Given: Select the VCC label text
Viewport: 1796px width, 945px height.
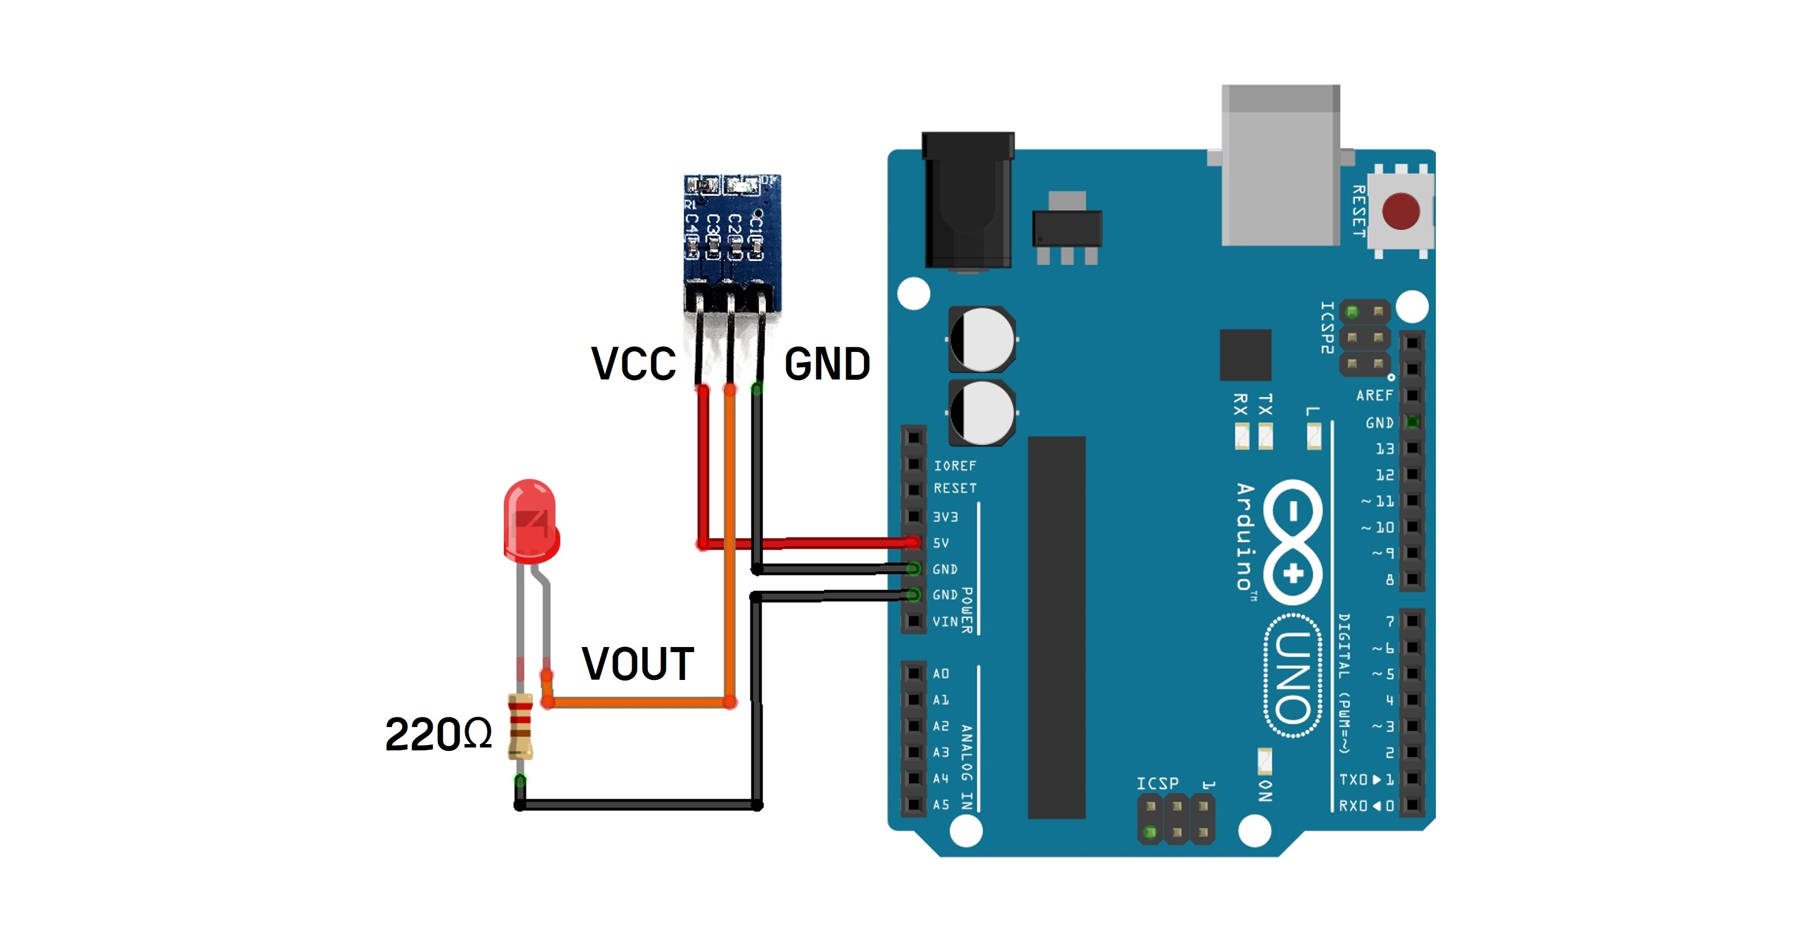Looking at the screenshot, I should [x=633, y=364].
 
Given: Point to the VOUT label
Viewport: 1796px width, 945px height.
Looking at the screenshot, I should [x=637, y=663].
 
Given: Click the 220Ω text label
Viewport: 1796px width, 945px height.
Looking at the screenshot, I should [x=438, y=734].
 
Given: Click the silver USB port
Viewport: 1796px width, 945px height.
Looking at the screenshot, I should [x=1280, y=165].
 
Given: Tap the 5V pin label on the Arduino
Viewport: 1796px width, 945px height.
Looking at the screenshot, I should [x=941, y=543].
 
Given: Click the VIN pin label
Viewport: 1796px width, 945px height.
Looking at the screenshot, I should [x=945, y=621].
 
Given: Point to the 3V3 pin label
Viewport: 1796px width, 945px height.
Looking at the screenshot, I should [x=945, y=517].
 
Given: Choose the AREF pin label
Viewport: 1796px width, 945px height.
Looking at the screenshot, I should [x=1374, y=396].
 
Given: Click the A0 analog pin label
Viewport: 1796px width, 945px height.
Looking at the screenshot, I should [x=941, y=673].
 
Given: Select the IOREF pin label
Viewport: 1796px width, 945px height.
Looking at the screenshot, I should [x=954, y=465].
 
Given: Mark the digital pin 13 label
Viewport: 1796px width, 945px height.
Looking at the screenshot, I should [x=1385, y=449].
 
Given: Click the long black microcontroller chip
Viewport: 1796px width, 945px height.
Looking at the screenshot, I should [x=1056, y=627].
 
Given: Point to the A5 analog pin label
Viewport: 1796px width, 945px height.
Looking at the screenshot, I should [x=941, y=804].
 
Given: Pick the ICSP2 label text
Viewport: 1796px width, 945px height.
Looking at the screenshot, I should [x=1327, y=327].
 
